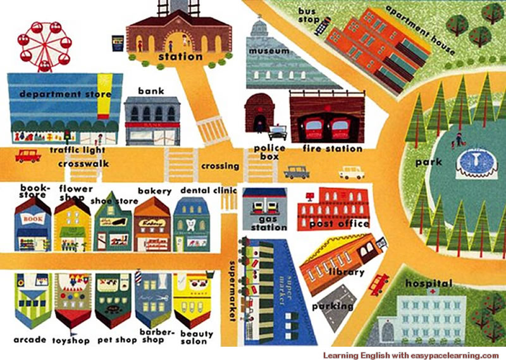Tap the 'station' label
[x=180, y=57]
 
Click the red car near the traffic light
[x=27, y=155]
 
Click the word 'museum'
[x=268, y=50]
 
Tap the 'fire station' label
[x=333, y=149]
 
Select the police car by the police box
[x=277, y=133]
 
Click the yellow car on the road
[x=352, y=172]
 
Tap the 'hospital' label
[x=429, y=283]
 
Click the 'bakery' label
[x=154, y=191]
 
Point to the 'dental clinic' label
[x=209, y=190]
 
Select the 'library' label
[x=346, y=273]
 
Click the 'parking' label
[x=333, y=307]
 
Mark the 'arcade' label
[x=30, y=340]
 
